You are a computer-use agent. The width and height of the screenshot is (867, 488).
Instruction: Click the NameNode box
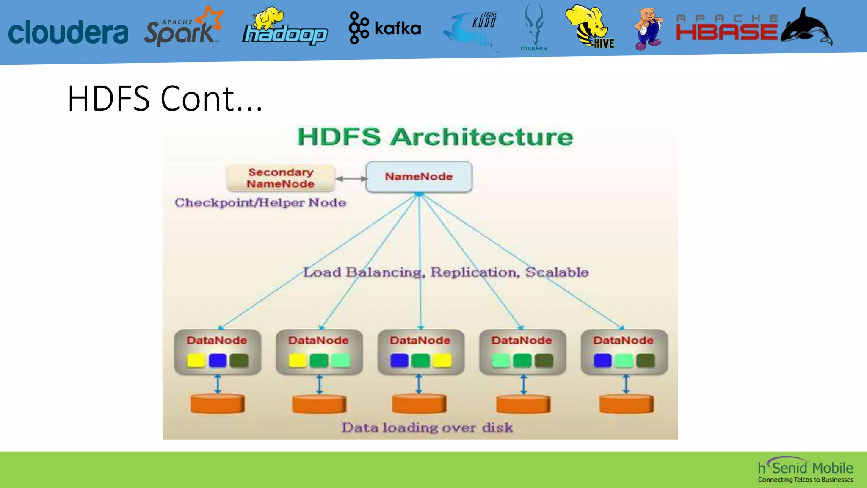click(x=419, y=177)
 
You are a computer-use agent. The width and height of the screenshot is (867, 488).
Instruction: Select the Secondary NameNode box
click(x=281, y=178)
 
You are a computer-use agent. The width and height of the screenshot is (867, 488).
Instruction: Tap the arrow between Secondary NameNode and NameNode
click(x=351, y=179)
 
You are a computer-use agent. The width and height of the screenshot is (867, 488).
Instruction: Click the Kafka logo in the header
click(x=384, y=28)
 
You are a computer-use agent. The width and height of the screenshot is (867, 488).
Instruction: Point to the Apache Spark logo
click(x=183, y=28)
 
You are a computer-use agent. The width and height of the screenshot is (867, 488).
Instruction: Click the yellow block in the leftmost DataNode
click(x=196, y=360)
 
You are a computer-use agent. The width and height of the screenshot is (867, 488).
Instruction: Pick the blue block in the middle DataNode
click(x=399, y=360)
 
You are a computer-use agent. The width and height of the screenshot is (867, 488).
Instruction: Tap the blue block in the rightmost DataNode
click(x=602, y=360)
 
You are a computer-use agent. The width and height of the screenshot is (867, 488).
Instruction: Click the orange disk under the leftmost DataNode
click(x=217, y=404)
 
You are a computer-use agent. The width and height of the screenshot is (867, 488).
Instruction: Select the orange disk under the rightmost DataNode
click(x=626, y=404)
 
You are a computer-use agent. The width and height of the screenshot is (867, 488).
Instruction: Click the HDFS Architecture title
click(x=435, y=137)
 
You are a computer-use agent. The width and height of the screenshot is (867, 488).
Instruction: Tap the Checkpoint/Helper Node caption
click(x=260, y=202)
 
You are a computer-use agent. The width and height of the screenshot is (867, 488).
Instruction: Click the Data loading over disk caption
click(x=427, y=427)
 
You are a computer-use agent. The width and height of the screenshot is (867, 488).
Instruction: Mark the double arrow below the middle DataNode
click(x=419, y=384)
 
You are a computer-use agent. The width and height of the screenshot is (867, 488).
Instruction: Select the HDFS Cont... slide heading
click(x=165, y=99)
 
